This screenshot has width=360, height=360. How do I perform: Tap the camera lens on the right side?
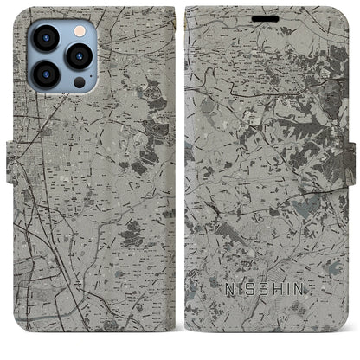coord(80,57)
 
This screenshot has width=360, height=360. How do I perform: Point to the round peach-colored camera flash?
coord(80,29)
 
